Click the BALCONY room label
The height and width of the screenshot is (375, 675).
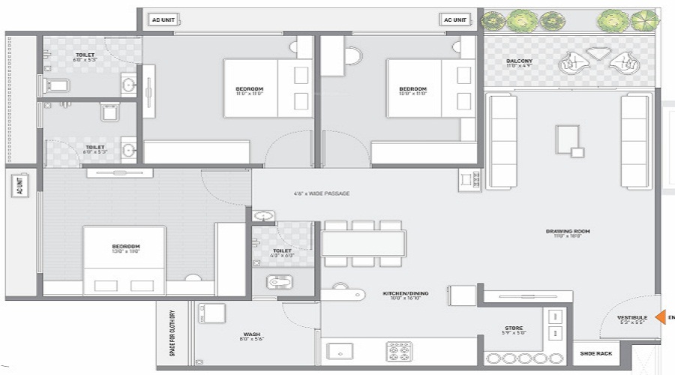pos(520,61)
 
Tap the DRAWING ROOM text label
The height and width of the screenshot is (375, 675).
pos(567,231)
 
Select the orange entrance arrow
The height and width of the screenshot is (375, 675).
pos(660,317)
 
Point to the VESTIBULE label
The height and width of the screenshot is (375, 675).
pos(632,317)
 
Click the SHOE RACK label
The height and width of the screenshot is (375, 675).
pos(595,352)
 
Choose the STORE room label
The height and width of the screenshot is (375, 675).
pos(514,328)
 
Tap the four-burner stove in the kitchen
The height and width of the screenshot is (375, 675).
pos(398,351)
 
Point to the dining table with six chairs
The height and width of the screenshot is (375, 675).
pos(363,243)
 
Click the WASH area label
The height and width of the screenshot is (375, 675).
pos(252,334)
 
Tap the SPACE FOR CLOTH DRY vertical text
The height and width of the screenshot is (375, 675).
pos(172,333)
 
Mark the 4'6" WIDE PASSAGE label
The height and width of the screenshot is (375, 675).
pos(322,193)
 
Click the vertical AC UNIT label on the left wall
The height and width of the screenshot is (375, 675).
pos(20,187)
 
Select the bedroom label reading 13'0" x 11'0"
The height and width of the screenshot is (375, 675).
pos(126,250)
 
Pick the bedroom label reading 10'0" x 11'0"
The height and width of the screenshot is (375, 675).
pos(412,91)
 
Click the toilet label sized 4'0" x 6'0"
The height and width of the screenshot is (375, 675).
pos(282,253)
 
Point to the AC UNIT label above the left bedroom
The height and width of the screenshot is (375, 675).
pos(161,20)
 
